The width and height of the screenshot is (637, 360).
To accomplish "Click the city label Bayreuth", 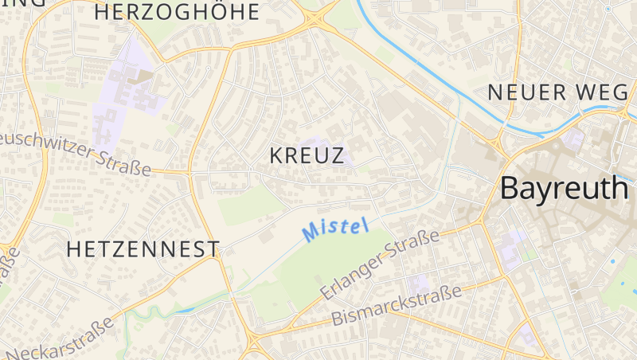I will point(565,189).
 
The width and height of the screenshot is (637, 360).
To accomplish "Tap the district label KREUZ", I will point(307,155).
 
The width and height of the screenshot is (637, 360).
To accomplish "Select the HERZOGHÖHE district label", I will point(177,12).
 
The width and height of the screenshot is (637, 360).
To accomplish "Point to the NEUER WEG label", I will point(557,92).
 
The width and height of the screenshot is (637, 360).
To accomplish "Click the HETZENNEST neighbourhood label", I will point(143,249).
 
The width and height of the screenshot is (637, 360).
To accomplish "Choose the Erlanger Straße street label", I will point(381,266).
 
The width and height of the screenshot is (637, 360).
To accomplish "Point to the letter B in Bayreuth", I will point(510,188).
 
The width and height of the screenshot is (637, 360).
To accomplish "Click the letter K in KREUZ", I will point(277,155).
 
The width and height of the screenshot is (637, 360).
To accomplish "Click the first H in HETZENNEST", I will point(73,249).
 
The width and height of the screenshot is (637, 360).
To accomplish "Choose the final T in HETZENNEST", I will point(213,249).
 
